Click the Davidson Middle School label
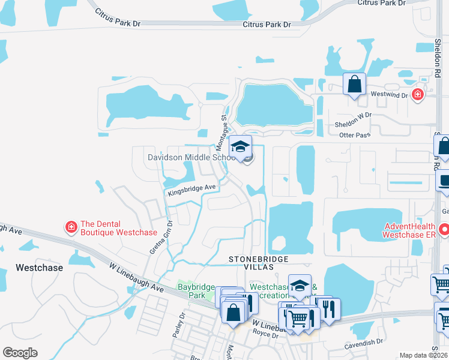(x=191, y=157)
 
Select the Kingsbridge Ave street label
(x=191, y=189)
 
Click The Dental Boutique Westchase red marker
(x=71, y=227)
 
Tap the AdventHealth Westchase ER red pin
(x=444, y=229)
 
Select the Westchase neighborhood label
(x=39, y=268)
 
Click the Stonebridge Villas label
(x=259, y=262)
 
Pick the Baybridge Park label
(x=196, y=287)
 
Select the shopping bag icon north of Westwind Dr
(x=354, y=83)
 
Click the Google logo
(x=20, y=353)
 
